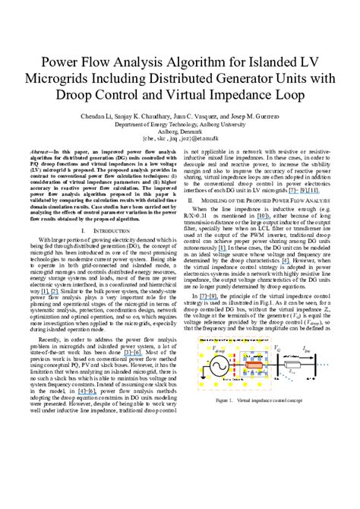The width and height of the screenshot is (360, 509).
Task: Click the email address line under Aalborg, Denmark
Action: (180, 139)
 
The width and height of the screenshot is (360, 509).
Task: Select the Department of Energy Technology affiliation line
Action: (180, 125)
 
